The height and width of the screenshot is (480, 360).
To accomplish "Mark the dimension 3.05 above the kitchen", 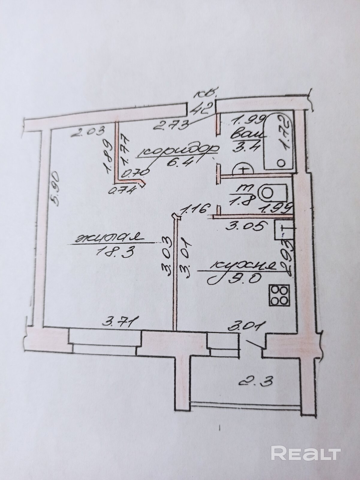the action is pyautogui.click(x=245, y=226).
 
